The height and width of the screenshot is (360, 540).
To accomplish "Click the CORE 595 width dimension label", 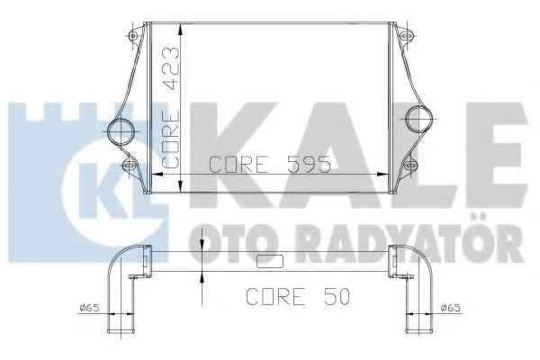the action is coord(270,165).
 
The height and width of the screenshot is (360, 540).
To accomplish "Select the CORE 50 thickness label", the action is coord(298,296).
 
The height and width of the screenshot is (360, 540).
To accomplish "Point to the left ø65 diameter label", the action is coord(89,308).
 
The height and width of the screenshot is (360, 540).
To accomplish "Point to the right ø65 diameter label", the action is coord(451,308).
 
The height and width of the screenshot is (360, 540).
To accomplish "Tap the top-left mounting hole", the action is coord(133,35).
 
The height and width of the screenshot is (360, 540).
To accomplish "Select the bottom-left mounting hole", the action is coord(130,166).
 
